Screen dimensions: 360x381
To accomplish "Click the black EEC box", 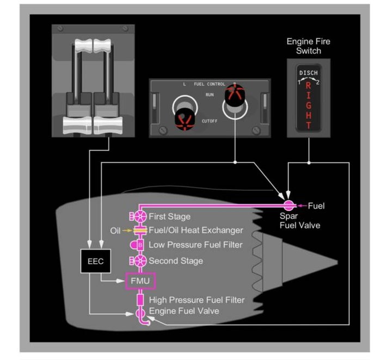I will (x=91, y=260).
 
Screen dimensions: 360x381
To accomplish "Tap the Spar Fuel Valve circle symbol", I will (x=288, y=206).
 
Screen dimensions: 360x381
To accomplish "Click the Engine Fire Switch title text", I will (x=308, y=46).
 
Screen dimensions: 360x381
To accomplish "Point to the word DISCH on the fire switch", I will (x=309, y=73).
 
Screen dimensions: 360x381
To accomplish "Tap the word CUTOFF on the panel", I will (x=209, y=121).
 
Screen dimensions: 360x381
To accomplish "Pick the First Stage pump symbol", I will (x=139, y=216).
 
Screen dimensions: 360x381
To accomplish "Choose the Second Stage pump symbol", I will (x=139, y=260).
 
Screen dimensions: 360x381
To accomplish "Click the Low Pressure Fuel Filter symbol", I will (x=139, y=245).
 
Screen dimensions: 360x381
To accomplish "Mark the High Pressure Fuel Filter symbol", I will (x=139, y=300).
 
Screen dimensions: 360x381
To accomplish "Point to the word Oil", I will (x=115, y=231).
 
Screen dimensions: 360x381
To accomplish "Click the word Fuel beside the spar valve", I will (x=316, y=206).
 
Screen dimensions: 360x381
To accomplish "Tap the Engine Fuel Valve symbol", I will (x=139, y=314).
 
